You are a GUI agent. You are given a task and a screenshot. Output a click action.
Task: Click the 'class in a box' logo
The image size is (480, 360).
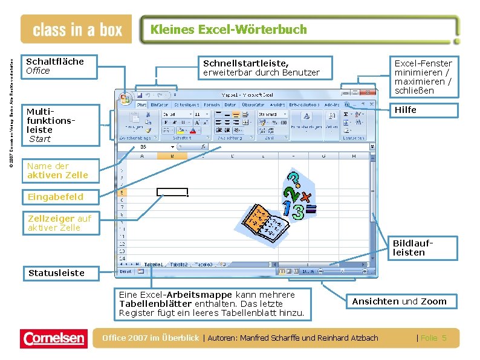coord(77,30)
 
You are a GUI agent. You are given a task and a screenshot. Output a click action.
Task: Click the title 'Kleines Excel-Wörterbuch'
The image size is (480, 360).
coord(229,29)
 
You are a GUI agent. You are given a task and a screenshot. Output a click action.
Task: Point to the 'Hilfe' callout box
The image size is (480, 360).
coord(421,110)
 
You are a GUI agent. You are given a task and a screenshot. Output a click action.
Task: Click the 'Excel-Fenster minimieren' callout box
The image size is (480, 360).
coord(423,77)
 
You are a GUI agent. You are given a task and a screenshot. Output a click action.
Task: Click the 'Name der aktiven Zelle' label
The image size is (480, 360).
coord(57,170)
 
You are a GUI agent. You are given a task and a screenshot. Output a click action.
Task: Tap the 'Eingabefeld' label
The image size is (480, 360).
coord(55,196)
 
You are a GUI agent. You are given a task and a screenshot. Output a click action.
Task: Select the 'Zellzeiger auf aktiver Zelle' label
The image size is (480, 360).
coord(59,223)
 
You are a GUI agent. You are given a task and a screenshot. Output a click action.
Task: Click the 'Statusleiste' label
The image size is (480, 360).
coord(56,273)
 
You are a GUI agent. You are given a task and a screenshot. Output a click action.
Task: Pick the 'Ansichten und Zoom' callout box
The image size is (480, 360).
coord(399,301)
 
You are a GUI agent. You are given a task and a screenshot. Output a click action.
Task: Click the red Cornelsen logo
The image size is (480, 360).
coord(53,338)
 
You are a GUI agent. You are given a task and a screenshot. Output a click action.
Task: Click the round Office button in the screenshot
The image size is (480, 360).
coord(125,98)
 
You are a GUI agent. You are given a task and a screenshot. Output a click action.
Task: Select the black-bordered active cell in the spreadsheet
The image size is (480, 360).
coord(172,192)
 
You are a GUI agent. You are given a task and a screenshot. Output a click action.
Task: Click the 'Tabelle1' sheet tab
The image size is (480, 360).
coord(154,264)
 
